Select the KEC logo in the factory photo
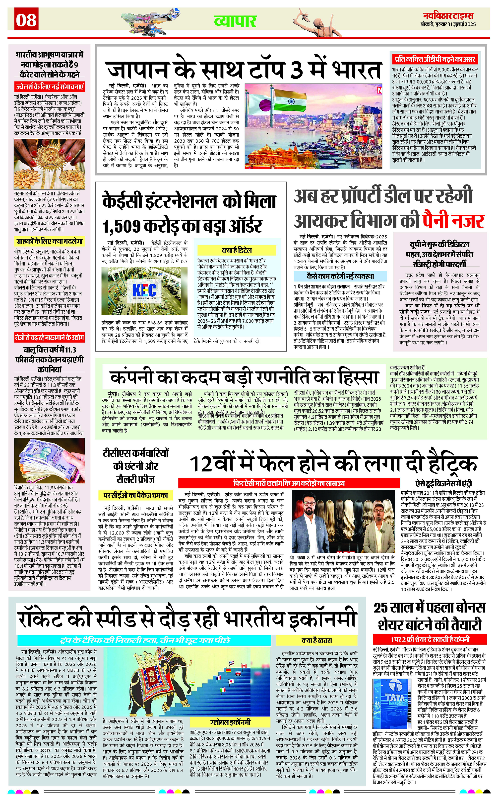point(144,290)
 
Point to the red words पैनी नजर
point(452,221)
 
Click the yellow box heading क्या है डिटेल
point(237,250)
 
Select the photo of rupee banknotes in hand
point(49,461)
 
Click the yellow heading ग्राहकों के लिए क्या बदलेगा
point(49,241)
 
